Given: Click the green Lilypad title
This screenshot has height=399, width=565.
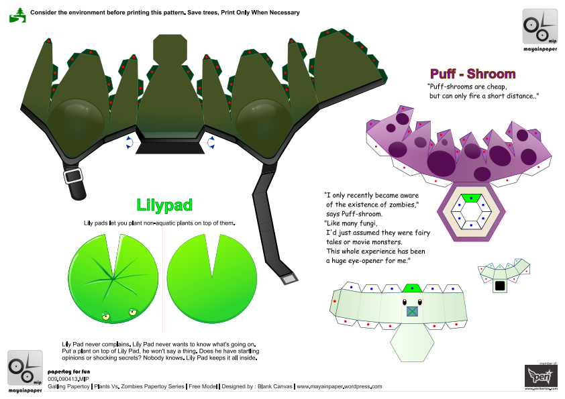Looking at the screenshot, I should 164,205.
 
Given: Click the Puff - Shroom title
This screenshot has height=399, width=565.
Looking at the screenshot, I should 472,74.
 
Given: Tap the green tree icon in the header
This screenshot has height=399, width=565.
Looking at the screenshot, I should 17,13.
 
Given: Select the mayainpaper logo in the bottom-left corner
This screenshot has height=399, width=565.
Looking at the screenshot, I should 25,369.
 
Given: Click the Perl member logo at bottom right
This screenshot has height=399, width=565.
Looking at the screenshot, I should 540,376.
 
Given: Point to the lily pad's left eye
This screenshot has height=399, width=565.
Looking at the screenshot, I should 105,315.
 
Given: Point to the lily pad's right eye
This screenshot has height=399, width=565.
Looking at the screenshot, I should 131,311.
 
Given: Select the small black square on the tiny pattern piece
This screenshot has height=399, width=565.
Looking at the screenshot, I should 499,286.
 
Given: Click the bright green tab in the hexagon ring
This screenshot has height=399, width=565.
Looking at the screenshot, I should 474,198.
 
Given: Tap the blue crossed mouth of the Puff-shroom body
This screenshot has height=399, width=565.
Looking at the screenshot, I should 412,311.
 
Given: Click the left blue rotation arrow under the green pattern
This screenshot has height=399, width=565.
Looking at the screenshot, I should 128,141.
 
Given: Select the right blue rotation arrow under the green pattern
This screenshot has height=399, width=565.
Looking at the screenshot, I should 211,141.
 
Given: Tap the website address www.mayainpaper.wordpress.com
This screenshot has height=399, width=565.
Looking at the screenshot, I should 340,387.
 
